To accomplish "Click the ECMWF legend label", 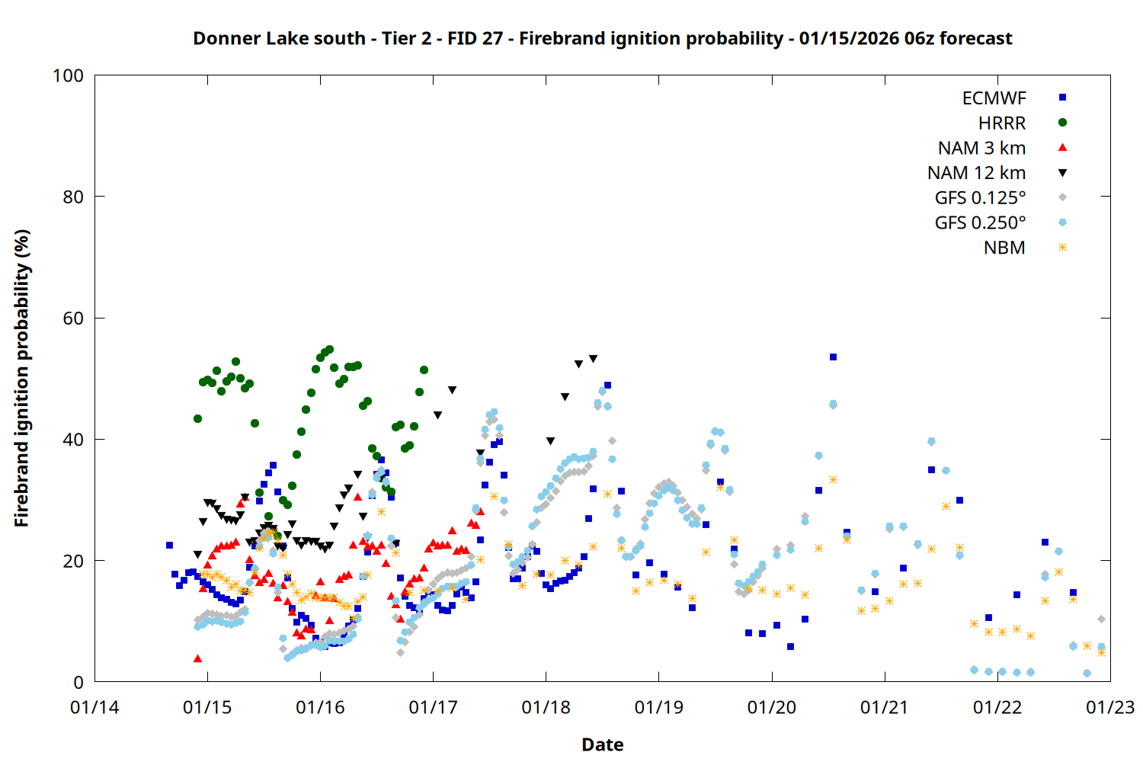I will tap(994, 98).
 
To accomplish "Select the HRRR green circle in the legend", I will tap(1062, 123).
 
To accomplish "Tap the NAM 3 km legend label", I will tap(981, 148).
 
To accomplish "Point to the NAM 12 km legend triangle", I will tap(1062, 173).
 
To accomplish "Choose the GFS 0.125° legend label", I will tap(980, 198).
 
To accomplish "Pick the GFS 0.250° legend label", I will tap(980, 223).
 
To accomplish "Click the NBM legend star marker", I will tap(1062, 248).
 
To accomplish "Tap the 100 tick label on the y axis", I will tap(68, 75).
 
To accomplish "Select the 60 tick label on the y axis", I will tap(73, 319).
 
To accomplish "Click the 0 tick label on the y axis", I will tap(78, 683).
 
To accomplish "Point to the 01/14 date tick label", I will tap(94, 708).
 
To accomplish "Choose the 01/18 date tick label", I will tap(546, 708).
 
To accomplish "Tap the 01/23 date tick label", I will tap(1110, 708).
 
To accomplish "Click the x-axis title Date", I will tap(602, 744).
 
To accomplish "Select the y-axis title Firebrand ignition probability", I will tap(21, 378).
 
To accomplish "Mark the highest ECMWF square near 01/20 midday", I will tap(833, 357).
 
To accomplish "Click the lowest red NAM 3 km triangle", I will tap(197, 658).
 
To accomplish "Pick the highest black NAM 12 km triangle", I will tap(593, 359).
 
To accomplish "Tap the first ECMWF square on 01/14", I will tap(169, 545).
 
